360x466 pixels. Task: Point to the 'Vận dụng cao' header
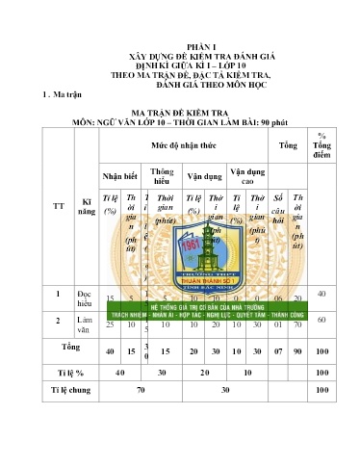click(x=244, y=176)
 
